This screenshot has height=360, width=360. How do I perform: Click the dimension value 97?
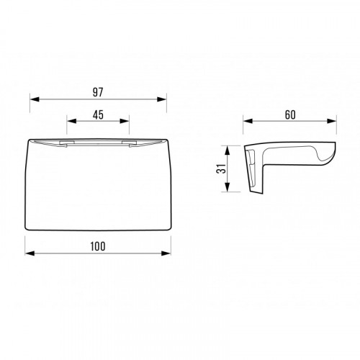click(x=98, y=92)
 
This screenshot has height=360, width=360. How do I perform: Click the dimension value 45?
click(x=98, y=114)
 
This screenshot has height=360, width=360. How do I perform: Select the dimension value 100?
click(x=98, y=246)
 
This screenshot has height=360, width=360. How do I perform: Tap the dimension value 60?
click(x=290, y=115)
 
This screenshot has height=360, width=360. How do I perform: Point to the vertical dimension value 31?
click(x=221, y=168)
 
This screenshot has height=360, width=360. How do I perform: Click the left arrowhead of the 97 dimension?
click(x=35, y=99)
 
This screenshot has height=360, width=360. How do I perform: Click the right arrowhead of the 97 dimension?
click(x=161, y=99)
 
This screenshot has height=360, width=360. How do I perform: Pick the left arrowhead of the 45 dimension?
click(x=71, y=121)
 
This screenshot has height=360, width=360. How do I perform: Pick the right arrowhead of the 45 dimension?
click(x=125, y=121)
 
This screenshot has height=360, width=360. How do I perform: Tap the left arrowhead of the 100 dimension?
click(x=30, y=253)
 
